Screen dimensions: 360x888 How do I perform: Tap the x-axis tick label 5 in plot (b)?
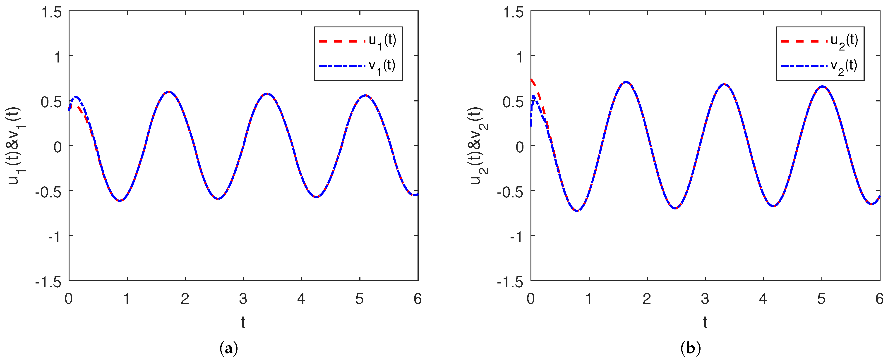tap(821, 299)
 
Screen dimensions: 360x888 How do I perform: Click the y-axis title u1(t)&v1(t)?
tap(16, 146)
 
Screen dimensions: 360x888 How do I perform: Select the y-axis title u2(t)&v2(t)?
tap(478, 146)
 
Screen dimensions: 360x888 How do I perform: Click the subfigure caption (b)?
tap(691, 349)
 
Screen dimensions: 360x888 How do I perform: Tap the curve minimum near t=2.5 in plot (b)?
tap(675, 208)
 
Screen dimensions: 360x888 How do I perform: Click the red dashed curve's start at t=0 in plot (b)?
tap(531, 80)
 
